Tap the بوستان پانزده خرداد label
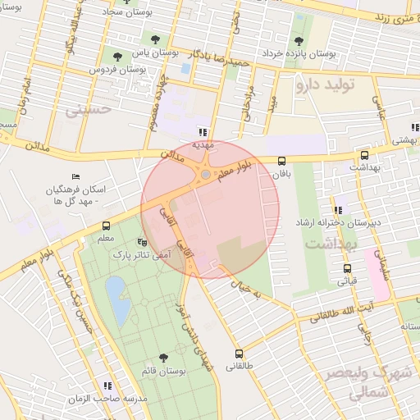point(299,52)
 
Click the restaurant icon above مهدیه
point(203,132)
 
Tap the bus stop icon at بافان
point(282,162)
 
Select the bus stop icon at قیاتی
point(348,268)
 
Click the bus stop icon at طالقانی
point(239,354)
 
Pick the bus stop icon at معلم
point(106,226)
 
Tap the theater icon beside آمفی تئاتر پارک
point(143,242)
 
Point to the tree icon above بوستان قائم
point(163,358)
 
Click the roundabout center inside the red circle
point(204,174)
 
